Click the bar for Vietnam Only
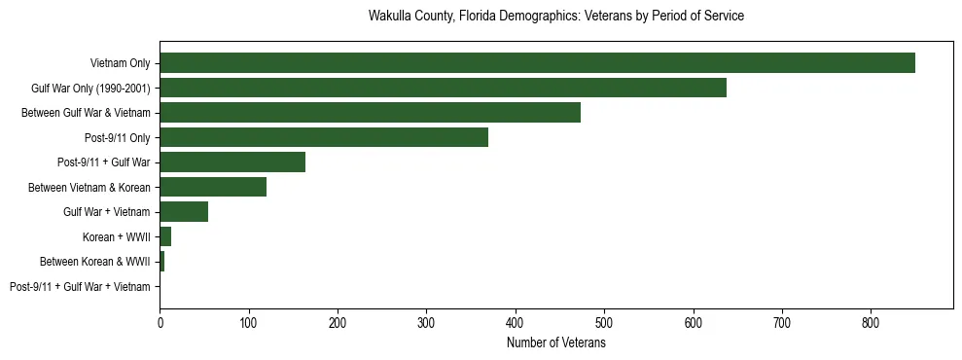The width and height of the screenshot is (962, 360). tap(537, 63)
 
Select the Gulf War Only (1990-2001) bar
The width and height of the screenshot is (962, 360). tap(443, 88)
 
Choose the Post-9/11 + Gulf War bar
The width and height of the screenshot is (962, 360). tap(232, 162)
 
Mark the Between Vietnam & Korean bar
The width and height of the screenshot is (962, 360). tap(213, 187)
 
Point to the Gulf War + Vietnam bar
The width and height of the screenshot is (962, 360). tap(184, 212)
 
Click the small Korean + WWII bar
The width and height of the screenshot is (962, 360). tap(165, 236)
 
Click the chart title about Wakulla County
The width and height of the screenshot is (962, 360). tap(555, 17)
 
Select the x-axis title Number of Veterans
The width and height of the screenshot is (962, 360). tap(555, 343)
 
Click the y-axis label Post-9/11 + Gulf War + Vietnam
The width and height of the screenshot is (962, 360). tap(80, 287)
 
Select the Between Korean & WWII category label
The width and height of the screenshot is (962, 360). tap(94, 262)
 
